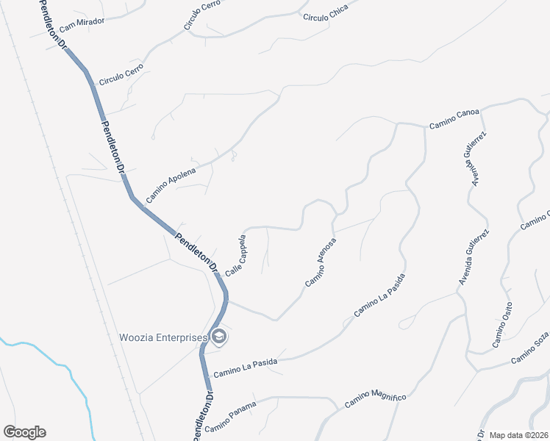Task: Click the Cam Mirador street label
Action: coord(82,24)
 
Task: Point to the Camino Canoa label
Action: coord(454,119)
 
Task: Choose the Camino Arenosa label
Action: coord(321,262)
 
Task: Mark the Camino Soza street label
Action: coord(531,348)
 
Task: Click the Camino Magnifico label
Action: coord(375,399)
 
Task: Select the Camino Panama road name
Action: coord(231,417)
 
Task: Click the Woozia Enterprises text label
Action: coord(163,337)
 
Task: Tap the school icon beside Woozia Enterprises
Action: coord(219,337)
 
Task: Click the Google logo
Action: coord(24,432)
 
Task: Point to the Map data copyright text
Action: coord(518,434)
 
